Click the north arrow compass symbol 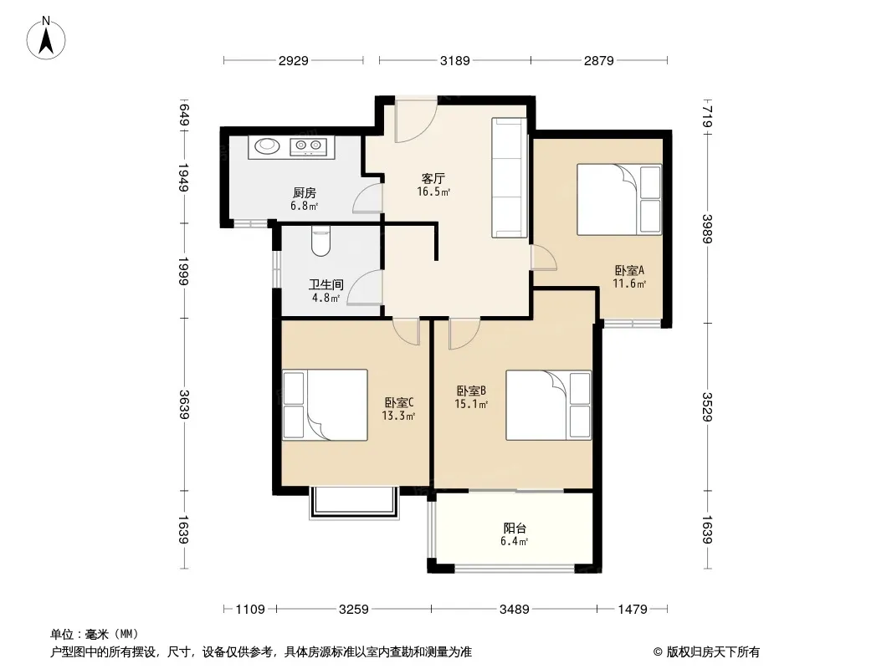click(x=46, y=38)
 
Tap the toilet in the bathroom click(x=320, y=241)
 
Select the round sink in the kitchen click(x=267, y=146)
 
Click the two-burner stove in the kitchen click(x=308, y=146)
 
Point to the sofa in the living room click(x=510, y=178)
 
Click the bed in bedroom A click(x=619, y=200)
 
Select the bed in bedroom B click(x=548, y=406)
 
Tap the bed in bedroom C click(x=325, y=405)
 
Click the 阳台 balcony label click(x=515, y=528)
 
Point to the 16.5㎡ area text click(x=433, y=192)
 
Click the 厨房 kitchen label click(x=305, y=193)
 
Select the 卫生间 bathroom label click(x=326, y=283)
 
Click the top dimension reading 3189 click(x=455, y=60)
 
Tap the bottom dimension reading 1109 click(x=250, y=610)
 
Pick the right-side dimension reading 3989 click(x=707, y=228)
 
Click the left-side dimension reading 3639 click(x=184, y=405)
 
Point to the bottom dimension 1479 click(x=633, y=610)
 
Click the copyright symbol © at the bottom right click(x=658, y=652)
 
